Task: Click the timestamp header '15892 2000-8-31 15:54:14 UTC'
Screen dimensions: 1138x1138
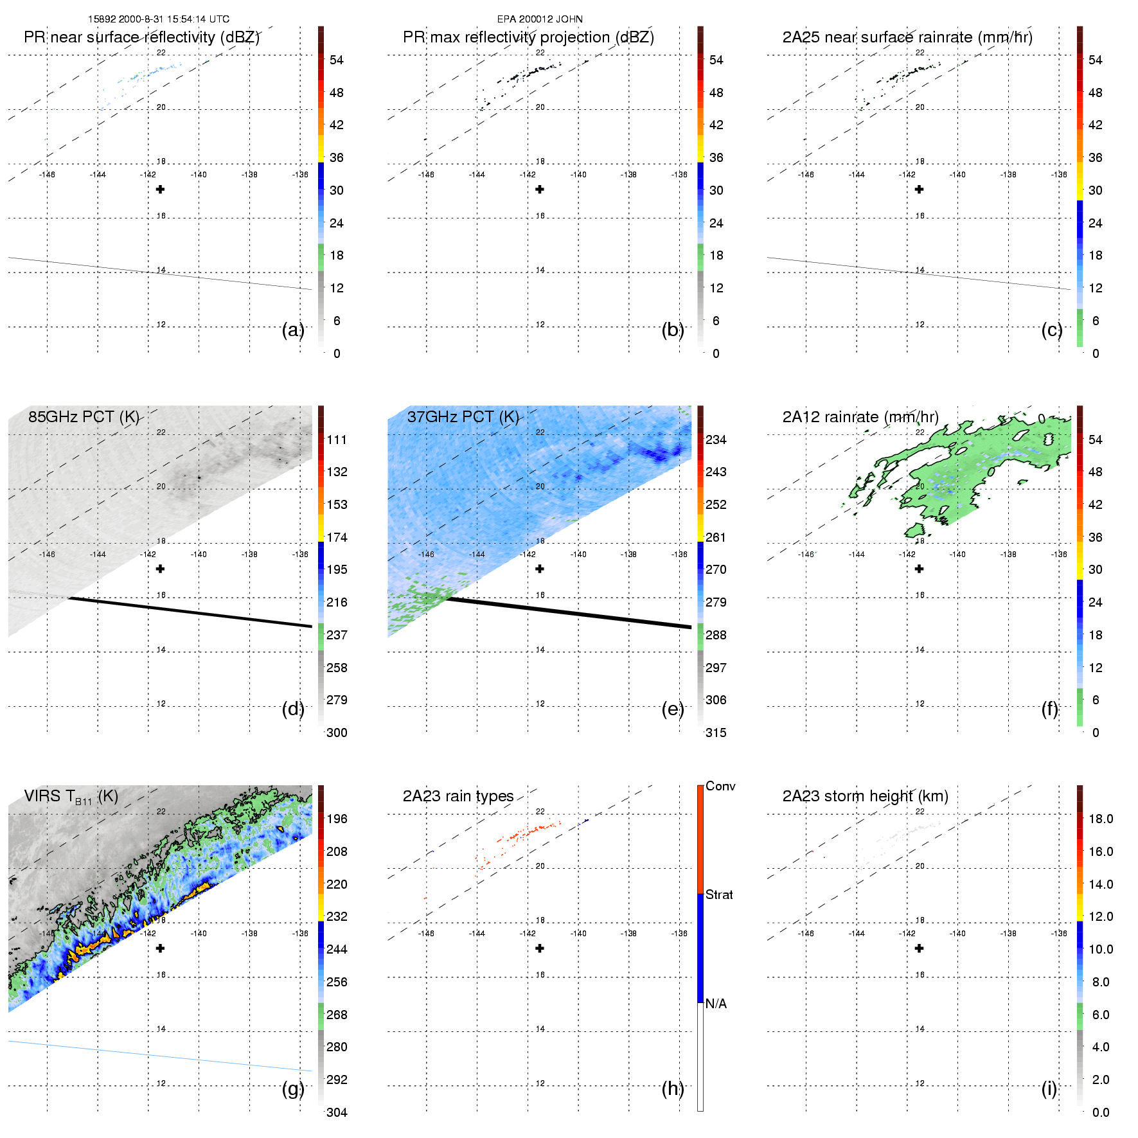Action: click(x=159, y=19)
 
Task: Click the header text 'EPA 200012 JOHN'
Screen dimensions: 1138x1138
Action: click(x=540, y=19)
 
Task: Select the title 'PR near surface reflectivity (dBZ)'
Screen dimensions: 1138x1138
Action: click(x=141, y=37)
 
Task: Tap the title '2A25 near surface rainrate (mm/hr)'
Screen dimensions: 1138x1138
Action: click(x=907, y=37)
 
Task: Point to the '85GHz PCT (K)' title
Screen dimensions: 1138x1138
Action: click(x=84, y=417)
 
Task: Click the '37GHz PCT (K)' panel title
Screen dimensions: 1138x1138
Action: click(x=463, y=417)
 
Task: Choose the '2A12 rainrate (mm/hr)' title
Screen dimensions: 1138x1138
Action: click(x=860, y=417)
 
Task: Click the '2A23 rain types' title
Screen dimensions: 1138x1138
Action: click(x=458, y=796)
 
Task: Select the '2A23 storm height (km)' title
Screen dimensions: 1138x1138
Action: click(x=865, y=796)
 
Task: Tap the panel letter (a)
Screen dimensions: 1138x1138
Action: click(x=293, y=330)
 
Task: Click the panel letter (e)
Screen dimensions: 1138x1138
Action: click(x=673, y=709)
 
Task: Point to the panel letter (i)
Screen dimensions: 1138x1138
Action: click(x=1049, y=1089)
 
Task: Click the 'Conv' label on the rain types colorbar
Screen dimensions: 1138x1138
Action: click(x=720, y=786)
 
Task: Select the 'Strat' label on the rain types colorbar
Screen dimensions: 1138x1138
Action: click(x=719, y=894)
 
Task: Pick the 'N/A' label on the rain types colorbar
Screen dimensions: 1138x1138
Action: click(x=716, y=1004)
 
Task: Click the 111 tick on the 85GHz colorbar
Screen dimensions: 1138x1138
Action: click(x=337, y=440)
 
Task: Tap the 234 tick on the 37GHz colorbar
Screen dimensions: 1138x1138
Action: click(x=716, y=440)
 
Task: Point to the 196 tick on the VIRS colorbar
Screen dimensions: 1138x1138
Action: click(x=337, y=819)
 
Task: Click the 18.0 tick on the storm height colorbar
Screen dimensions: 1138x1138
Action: click(x=1100, y=819)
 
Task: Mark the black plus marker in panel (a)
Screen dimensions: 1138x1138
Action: click(x=160, y=189)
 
